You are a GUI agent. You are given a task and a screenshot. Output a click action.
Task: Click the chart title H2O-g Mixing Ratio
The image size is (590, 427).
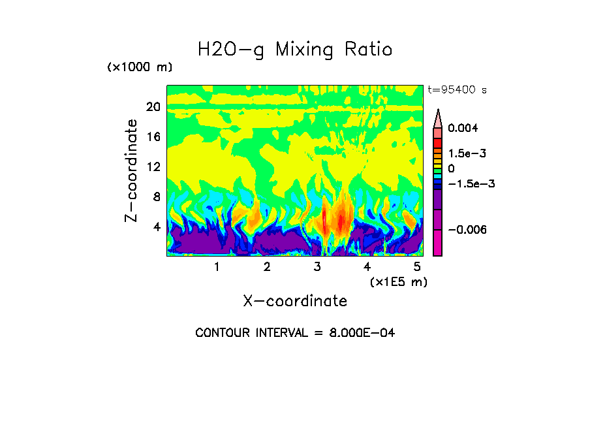(x=295, y=50)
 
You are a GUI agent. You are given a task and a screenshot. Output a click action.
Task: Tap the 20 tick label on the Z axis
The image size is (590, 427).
(x=153, y=107)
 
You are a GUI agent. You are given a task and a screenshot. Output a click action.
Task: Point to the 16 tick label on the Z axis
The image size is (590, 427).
(x=153, y=137)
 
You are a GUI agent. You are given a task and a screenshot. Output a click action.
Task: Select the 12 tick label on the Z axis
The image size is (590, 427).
(x=153, y=166)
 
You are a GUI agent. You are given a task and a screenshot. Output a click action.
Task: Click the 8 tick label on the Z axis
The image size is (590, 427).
(x=157, y=197)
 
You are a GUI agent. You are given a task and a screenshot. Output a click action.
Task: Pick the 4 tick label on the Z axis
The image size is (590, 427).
(x=157, y=227)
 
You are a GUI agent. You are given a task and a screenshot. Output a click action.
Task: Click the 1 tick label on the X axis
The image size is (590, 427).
(x=217, y=267)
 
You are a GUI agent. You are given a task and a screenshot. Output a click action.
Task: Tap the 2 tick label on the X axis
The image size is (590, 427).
(x=267, y=267)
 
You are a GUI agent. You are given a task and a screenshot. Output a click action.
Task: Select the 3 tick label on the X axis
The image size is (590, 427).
(x=317, y=267)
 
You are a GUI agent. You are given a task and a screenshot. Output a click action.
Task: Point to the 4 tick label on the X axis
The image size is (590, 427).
(x=367, y=267)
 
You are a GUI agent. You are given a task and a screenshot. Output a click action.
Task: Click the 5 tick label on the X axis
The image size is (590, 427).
(x=417, y=267)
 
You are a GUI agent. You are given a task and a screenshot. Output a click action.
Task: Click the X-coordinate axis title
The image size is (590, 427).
(x=295, y=301)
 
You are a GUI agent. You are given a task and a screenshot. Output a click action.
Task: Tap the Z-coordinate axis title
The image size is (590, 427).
(x=132, y=170)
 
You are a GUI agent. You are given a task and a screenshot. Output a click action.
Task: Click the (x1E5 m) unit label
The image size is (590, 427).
(x=398, y=282)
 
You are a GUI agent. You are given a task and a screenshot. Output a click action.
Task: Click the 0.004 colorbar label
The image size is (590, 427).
(x=468, y=128)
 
